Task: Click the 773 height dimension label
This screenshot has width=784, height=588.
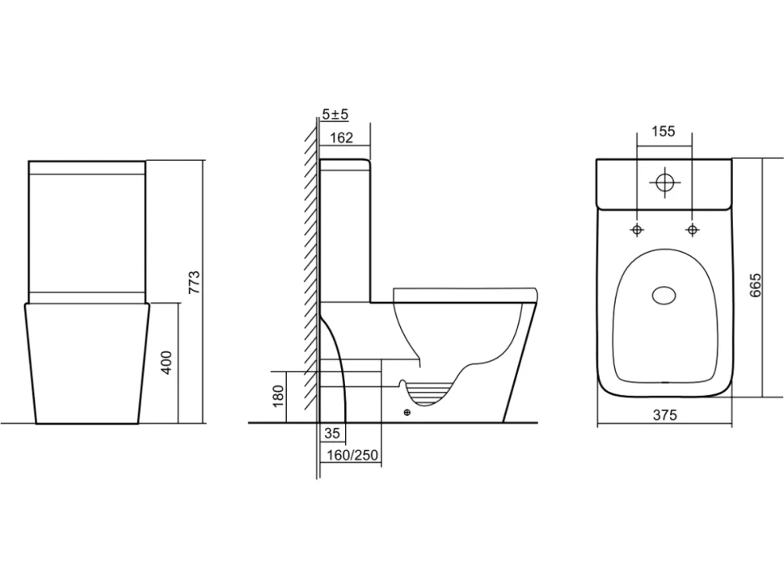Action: click(x=195, y=282)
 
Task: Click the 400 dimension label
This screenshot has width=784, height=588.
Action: click(x=167, y=363)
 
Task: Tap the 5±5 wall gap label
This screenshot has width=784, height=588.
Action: click(x=335, y=115)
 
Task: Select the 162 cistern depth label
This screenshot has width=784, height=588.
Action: click(x=342, y=137)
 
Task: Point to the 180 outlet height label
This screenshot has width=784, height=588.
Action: click(x=278, y=396)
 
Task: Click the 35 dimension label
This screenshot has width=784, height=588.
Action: click(x=332, y=433)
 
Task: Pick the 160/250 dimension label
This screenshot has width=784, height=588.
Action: click(x=352, y=455)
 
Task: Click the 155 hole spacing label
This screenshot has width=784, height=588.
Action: click(x=664, y=131)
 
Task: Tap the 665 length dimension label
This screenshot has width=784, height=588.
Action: click(x=755, y=285)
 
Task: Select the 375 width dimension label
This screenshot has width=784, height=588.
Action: click(x=664, y=414)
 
